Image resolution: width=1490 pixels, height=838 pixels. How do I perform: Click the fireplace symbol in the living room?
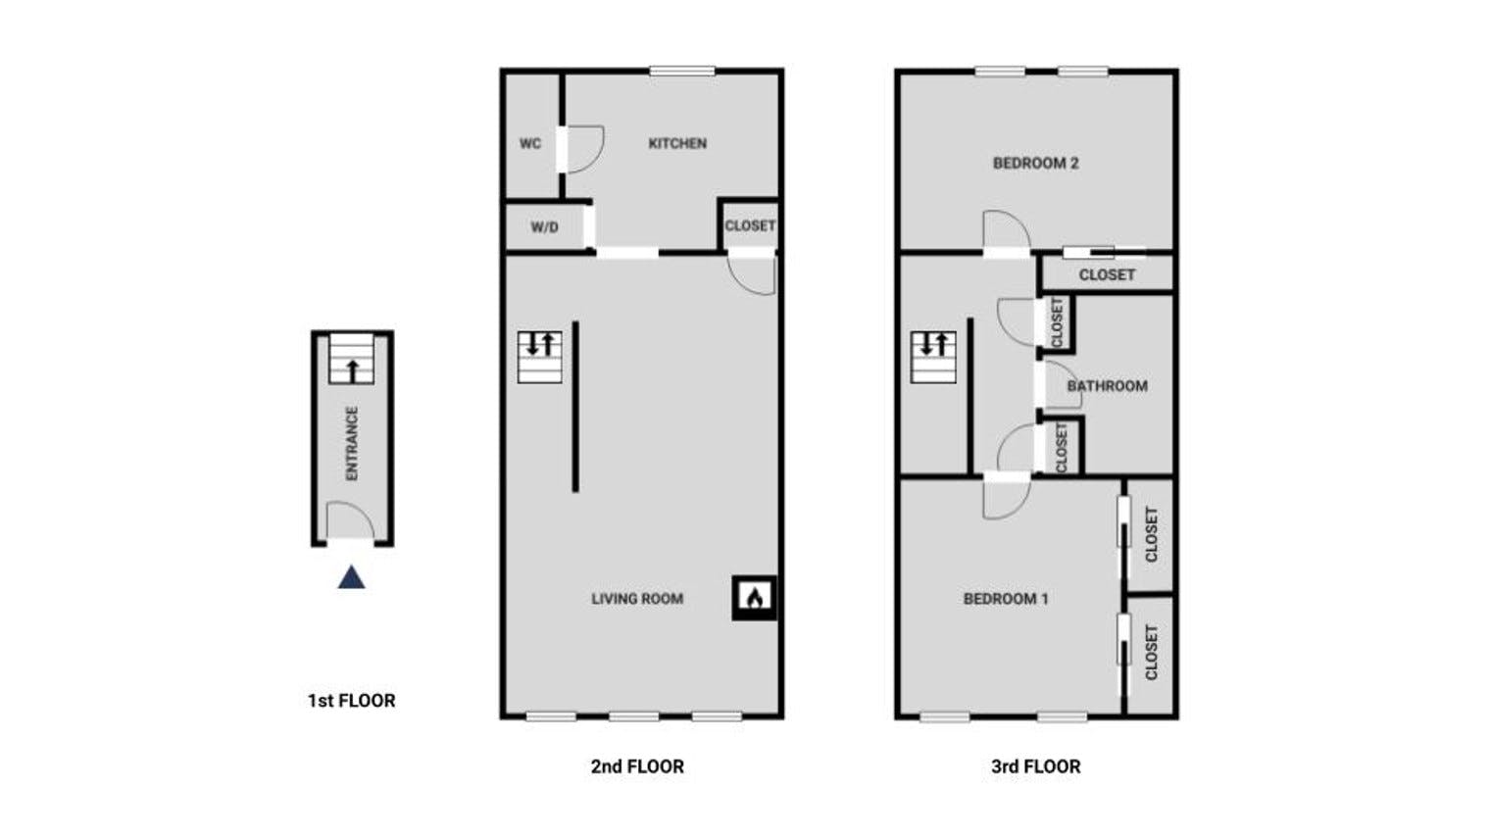[x=755, y=597]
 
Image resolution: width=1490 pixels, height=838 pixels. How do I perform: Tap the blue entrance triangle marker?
[x=351, y=577]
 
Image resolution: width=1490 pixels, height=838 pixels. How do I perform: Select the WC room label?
[x=530, y=144]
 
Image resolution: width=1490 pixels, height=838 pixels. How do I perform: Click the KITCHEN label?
[x=677, y=144]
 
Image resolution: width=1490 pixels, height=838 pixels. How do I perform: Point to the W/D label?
[x=544, y=227]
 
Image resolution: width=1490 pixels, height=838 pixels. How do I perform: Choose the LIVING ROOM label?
[x=637, y=599]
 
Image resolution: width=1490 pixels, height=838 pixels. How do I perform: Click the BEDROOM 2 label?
[x=1036, y=163]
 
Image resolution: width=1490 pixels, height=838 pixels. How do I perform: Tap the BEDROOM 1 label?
[x=1006, y=599]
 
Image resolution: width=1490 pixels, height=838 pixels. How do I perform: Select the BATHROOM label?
[x=1107, y=386]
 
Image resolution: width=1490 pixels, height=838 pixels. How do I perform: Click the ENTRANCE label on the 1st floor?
[x=352, y=443]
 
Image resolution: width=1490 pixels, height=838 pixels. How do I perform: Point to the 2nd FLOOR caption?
[x=637, y=766]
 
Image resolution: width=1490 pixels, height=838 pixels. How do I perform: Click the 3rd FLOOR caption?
[x=1036, y=766]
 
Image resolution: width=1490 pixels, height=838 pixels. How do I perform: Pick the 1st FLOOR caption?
[x=351, y=701]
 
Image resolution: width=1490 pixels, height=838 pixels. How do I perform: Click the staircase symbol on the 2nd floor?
[x=539, y=357]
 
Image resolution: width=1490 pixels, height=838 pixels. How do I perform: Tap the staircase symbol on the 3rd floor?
[x=933, y=357]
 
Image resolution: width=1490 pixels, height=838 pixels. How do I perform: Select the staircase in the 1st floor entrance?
[x=351, y=359]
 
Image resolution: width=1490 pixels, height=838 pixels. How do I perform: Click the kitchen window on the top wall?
[x=682, y=71]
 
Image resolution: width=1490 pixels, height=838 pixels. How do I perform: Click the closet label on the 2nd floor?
[x=750, y=226]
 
